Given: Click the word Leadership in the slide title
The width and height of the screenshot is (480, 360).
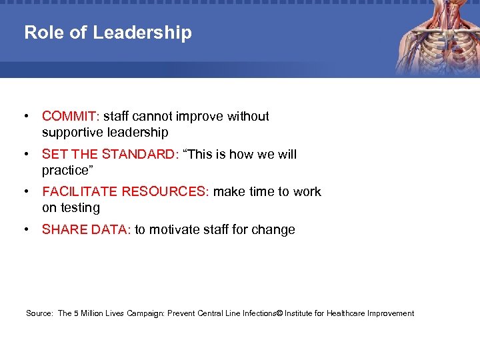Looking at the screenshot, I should coord(142,33).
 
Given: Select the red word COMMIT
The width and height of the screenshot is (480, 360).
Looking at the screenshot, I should coord(69,117).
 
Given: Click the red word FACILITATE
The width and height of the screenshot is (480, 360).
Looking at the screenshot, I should coord(80,192).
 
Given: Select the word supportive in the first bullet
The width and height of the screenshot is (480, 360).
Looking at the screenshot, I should coord(74,133).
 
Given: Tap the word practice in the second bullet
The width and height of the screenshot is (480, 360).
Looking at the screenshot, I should coord(66,171).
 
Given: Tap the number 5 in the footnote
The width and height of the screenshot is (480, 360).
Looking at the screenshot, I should coord(76,313).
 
